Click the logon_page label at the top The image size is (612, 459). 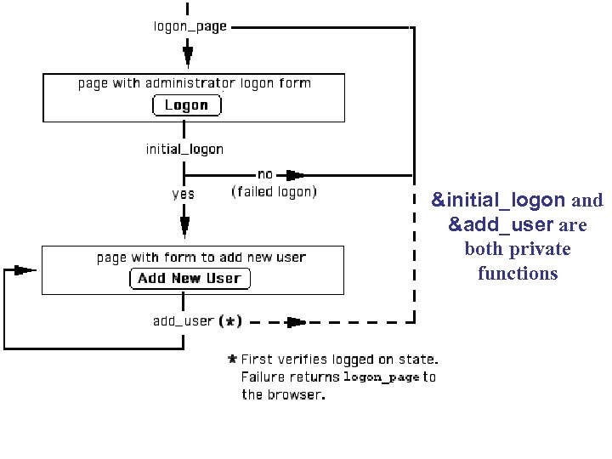(190, 26)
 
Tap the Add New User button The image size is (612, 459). (189, 278)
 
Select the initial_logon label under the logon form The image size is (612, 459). (184, 150)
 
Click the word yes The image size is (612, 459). (183, 194)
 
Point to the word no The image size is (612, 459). (264, 174)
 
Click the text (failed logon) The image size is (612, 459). (274, 192)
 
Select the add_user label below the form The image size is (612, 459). (183, 321)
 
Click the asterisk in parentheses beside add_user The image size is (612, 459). (230, 321)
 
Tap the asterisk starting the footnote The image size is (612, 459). (232, 359)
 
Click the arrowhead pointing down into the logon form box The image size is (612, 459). (187, 57)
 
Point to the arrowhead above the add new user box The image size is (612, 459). (184, 227)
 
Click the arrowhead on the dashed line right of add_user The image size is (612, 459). (296, 322)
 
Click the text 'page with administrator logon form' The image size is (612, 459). (194, 83)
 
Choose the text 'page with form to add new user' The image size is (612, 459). (201, 258)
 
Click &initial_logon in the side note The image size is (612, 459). (498, 201)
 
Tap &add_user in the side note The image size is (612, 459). (500, 225)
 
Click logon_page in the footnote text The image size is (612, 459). (381, 377)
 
